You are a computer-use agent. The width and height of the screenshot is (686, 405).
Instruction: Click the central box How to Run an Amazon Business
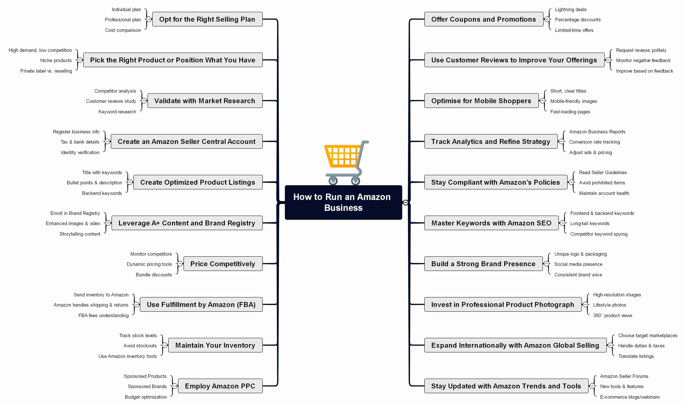click(343, 202)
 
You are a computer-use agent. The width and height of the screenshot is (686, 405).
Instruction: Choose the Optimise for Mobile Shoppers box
click(481, 101)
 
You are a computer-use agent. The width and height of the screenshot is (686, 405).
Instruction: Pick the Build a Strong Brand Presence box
click(483, 264)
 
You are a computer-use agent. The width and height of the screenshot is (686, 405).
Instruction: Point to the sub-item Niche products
click(56, 60)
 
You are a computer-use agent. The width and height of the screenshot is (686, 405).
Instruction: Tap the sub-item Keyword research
click(117, 112)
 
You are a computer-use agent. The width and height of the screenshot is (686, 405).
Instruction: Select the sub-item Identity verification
click(80, 152)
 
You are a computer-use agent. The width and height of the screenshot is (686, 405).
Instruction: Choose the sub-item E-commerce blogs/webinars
click(630, 397)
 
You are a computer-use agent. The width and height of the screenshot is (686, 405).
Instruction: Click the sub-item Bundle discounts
click(154, 275)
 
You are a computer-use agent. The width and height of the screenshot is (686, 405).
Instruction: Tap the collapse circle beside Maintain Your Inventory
click(165, 345)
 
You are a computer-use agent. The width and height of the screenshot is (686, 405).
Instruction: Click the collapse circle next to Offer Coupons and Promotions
click(547, 19)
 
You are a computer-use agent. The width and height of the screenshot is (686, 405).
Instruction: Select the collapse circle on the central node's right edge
click(405, 202)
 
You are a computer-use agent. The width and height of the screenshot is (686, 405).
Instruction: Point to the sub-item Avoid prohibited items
click(602, 183)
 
